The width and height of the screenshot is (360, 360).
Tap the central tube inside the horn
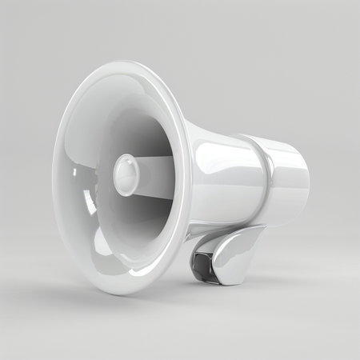pyautogui.click(x=152, y=171)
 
